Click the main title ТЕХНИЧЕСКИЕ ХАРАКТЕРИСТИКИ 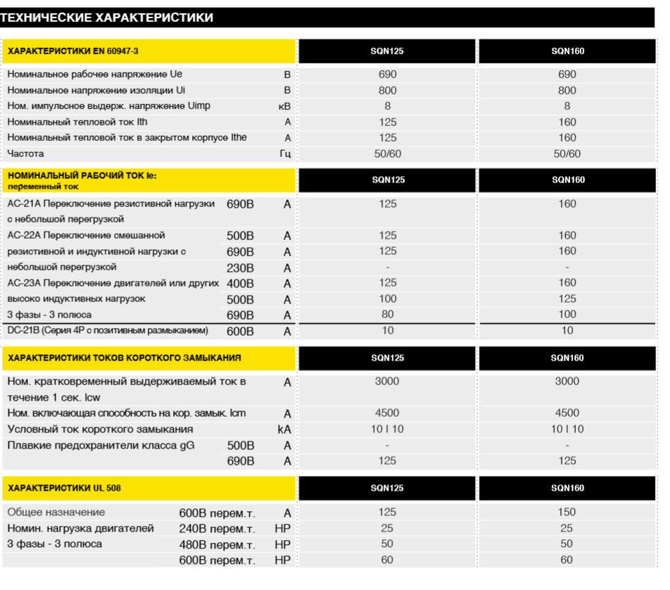(107, 18)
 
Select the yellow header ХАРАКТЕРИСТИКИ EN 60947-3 (73, 51)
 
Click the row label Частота (26, 153)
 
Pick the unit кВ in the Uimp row (284, 106)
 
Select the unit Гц (285, 153)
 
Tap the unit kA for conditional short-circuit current (284, 429)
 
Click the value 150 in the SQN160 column (567, 513)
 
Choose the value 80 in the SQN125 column (388, 315)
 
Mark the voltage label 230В (241, 268)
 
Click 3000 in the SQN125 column (388, 382)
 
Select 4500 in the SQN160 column (567, 413)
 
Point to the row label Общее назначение (56, 513)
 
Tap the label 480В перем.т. (217, 545)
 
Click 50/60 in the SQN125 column (388, 153)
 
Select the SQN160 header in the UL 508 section (567, 488)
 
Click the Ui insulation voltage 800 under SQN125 (388, 90)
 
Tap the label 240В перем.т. (217, 529)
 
